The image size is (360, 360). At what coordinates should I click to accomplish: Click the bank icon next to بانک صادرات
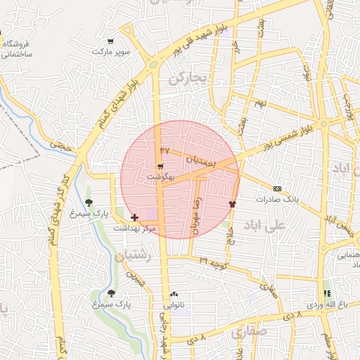point(277,188)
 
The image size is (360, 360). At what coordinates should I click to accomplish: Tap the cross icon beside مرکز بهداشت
point(134,218)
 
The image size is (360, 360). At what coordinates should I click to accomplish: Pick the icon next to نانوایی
point(174,295)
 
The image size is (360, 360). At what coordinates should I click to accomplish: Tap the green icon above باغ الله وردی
point(326,293)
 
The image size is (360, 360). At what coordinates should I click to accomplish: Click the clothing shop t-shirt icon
point(232,203)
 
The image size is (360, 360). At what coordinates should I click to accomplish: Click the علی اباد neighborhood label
point(264,225)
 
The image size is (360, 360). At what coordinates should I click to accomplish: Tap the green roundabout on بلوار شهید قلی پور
point(153,66)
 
